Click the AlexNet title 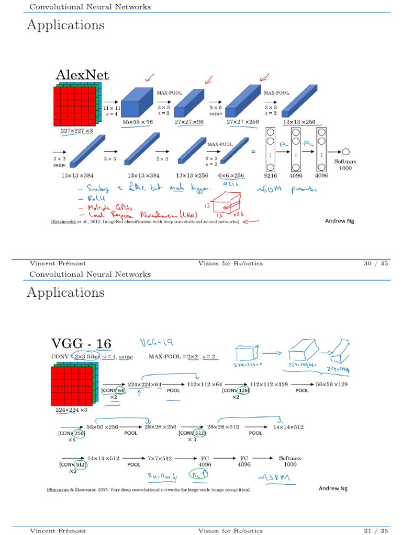pos(82,75)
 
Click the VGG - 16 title pos(81,343)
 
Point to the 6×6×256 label pos(231,176)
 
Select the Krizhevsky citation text pos(144,222)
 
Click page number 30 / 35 pos(376,263)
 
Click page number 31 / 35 pos(376,531)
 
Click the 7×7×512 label pos(160,458)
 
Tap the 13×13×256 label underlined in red pos(299,122)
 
